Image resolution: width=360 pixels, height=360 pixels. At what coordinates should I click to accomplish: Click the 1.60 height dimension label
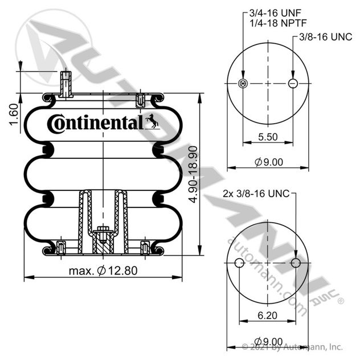(14, 114)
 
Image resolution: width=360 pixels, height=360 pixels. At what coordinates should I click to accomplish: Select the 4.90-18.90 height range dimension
(193, 174)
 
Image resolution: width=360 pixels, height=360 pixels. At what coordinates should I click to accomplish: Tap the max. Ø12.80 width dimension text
(103, 271)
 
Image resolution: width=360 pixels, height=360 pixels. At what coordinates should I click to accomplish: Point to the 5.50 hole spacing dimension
(268, 137)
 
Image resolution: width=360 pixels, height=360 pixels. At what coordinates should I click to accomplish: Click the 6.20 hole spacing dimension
(268, 315)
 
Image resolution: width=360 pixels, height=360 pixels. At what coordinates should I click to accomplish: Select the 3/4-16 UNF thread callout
(275, 13)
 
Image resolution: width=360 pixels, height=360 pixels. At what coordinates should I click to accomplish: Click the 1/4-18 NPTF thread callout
(278, 23)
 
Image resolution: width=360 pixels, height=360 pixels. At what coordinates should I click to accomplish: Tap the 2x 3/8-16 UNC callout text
(256, 194)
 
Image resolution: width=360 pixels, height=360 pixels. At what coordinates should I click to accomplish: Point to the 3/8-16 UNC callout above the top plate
(326, 36)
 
